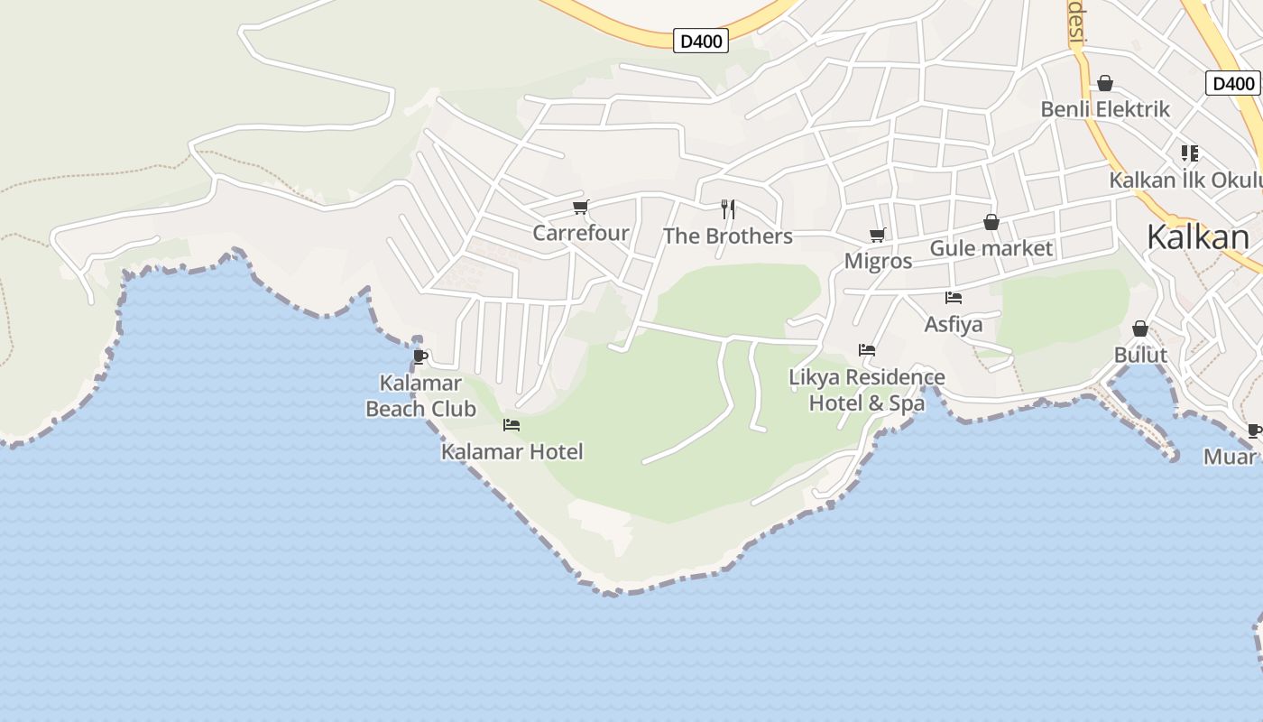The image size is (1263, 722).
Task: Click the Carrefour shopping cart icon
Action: pos(581,208)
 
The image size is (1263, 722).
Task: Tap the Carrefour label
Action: pos(581,233)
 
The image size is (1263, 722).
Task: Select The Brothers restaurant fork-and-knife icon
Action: pos(728,209)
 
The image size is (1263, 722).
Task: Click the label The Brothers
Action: pos(728,236)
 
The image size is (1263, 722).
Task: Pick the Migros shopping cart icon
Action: pos(878,236)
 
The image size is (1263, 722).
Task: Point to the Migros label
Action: pos(878,262)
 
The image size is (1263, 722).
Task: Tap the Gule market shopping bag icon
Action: pos(991,222)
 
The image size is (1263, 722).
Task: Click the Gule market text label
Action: pos(991,248)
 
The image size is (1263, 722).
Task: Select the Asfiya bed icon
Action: pos(954,298)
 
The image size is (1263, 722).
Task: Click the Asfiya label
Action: pos(954,324)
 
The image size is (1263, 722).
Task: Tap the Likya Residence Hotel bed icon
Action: pos(867,350)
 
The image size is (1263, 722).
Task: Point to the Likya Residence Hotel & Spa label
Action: pos(867,390)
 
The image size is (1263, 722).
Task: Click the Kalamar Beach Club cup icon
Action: pos(419,357)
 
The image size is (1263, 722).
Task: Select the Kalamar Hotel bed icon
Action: pos(512,425)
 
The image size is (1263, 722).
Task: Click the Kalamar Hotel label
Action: pos(512,451)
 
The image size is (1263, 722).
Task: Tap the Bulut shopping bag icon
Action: pos(1140,329)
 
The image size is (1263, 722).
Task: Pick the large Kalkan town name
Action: pos(1198,237)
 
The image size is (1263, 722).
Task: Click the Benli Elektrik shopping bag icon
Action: pos(1105,84)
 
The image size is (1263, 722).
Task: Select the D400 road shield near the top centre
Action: pos(701,41)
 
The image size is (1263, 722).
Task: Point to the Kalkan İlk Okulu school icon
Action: pos(1190,153)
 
